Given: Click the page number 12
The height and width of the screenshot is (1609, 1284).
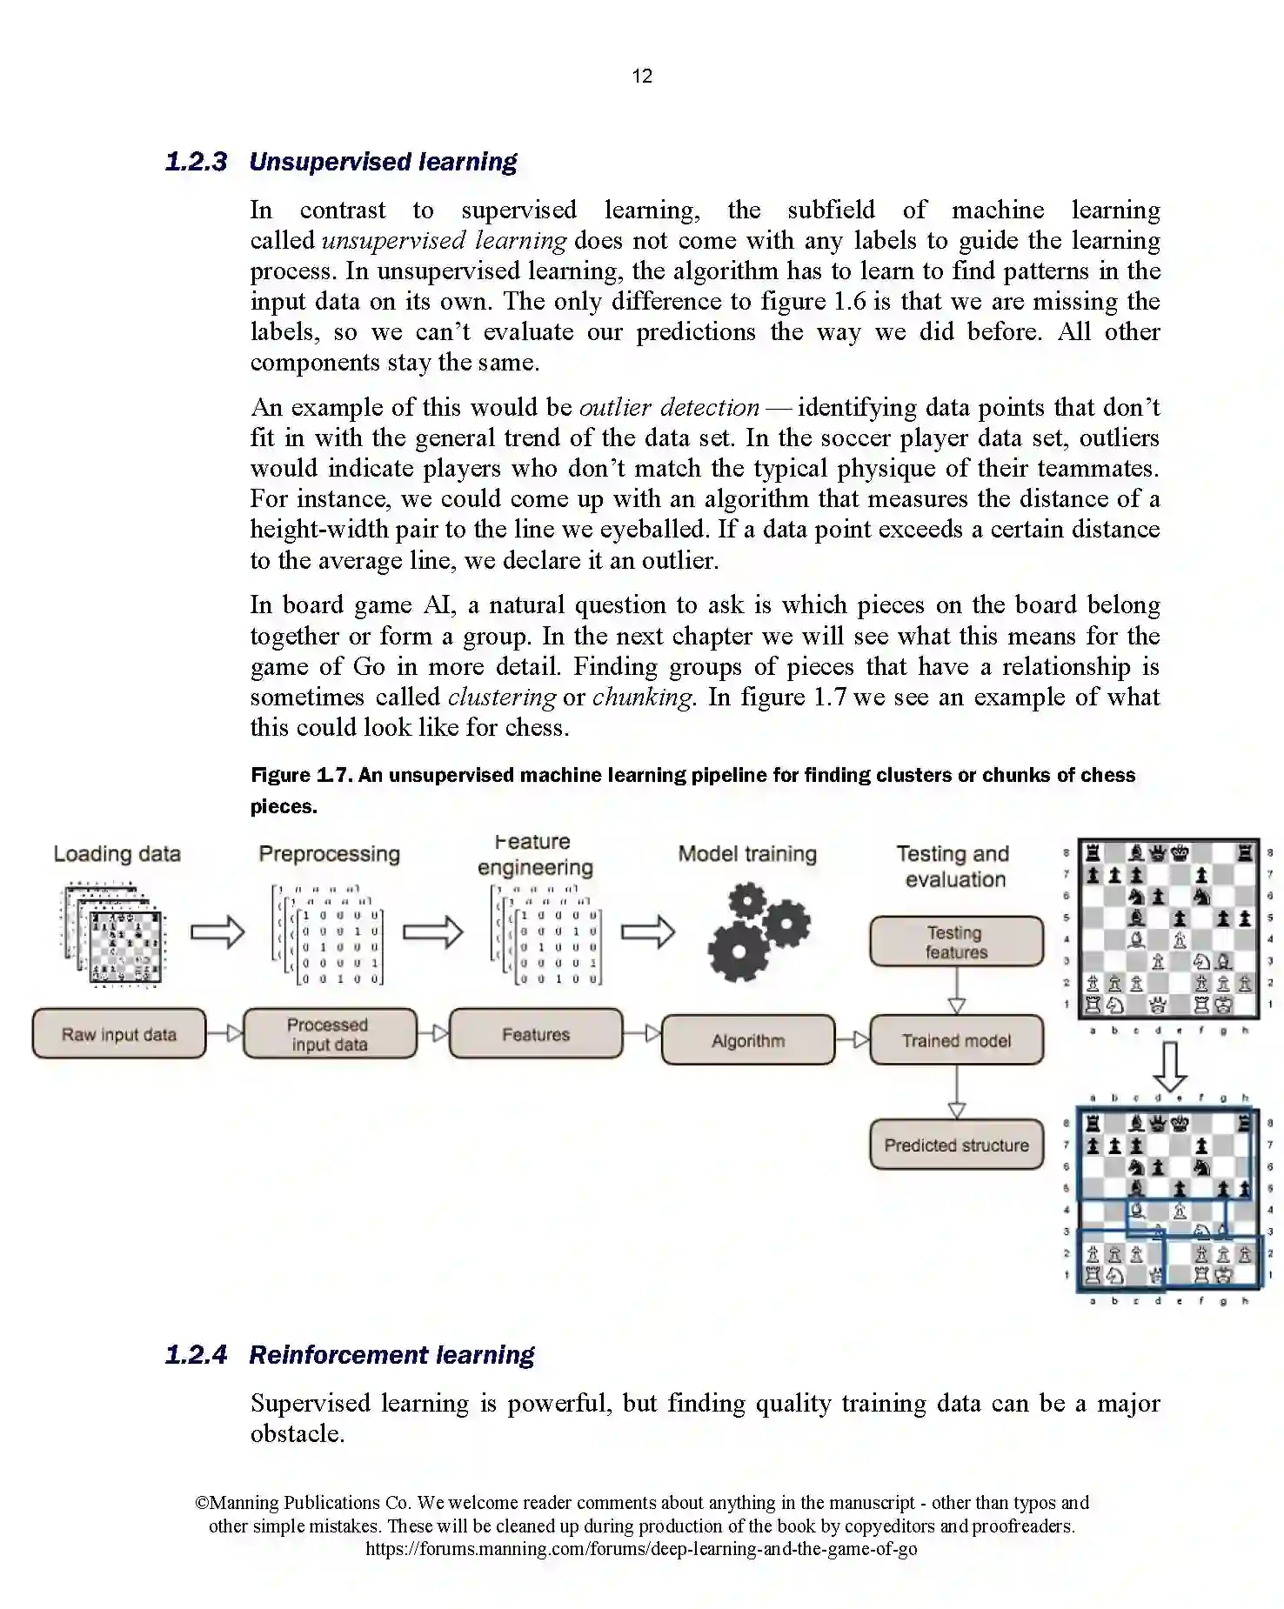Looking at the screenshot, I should coord(642,77).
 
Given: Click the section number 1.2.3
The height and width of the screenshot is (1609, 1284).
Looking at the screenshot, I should coord(196,162).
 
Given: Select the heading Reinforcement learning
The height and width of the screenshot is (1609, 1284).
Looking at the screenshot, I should coord(391,1355).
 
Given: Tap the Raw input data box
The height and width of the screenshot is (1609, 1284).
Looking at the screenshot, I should coord(119,1034).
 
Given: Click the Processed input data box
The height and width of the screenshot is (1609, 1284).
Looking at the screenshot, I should coord(329,1034).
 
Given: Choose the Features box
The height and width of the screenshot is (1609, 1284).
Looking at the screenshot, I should coord(536,1034).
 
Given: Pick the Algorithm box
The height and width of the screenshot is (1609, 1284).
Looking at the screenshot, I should coord(748,1040).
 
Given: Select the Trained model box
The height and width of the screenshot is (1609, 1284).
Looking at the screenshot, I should coord(956,1040).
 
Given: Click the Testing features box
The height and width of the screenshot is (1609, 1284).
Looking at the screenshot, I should coord(956,942).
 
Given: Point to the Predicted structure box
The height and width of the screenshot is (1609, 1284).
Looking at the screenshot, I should coord(956,1145).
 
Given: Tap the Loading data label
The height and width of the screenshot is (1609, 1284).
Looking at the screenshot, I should coord(117,854).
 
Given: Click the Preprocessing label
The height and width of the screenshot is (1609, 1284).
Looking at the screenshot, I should coord(330,854).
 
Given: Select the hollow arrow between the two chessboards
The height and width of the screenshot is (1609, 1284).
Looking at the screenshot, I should coord(1169,1066).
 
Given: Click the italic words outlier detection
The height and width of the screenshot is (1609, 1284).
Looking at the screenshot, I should coord(669,408).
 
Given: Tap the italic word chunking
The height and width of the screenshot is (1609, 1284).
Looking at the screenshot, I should coord(643,698).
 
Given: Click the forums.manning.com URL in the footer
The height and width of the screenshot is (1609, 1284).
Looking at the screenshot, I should coord(641,1548).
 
